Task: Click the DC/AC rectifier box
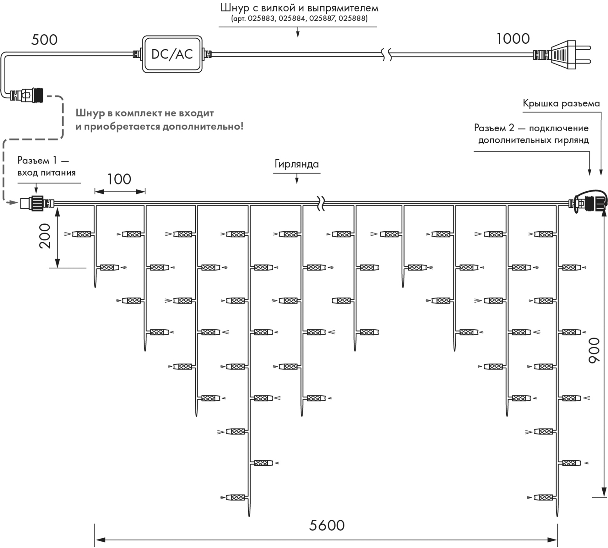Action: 172,54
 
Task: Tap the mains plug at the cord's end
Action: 562,55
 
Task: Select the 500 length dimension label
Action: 44,40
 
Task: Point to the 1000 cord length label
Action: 513,39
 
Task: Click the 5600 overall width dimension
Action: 327,525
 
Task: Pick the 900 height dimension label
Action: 594,351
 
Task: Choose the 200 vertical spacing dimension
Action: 45,236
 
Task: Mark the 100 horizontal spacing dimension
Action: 119,179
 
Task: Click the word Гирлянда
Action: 296,164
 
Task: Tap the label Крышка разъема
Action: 561,103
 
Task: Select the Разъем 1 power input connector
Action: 36,203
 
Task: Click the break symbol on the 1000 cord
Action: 386,55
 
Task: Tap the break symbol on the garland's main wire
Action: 321,204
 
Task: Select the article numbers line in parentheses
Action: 299,18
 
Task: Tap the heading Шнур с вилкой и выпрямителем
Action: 299,8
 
